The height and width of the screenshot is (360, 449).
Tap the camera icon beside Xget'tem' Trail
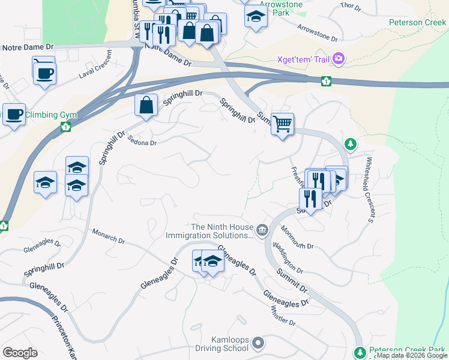coord(339,59)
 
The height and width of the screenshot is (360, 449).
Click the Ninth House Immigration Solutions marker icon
coord(262,230)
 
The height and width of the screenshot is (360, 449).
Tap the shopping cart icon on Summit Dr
coord(282,124)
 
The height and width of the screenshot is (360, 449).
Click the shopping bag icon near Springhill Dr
coord(146,106)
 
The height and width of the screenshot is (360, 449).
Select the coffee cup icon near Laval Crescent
coord(44,73)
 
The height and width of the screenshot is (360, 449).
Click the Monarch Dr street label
coord(108,236)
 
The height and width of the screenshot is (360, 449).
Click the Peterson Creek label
coord(417,22)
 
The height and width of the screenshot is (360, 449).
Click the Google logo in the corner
coord(20,353)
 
